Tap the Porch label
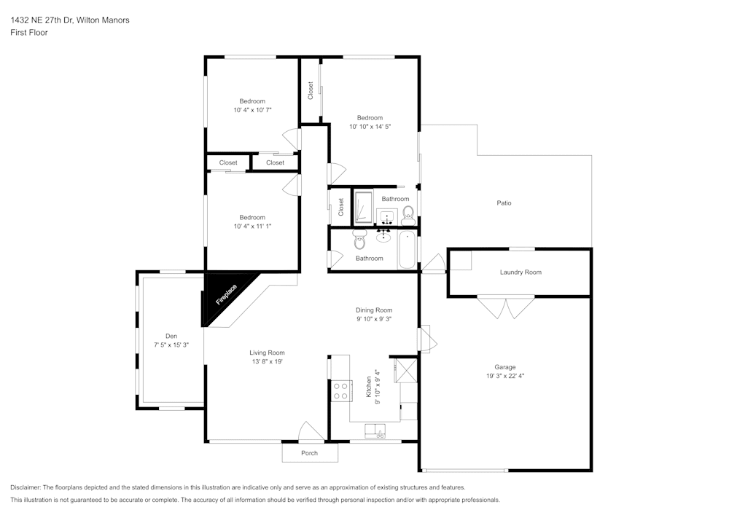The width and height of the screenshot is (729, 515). click(x=310, y=453)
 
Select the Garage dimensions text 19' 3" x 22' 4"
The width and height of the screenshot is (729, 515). click(x=504, y=377)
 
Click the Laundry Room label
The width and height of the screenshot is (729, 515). click(x=521, y=272)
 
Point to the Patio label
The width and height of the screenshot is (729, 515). click(x=504, y=203)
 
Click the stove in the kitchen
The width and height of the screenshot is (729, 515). click(x=340, y=391)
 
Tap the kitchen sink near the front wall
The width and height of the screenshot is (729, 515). click(x=377, y=431)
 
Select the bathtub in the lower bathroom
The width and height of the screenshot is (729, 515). click(x=407, y=249)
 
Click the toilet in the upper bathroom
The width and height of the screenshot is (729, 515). click(x=408, y=213)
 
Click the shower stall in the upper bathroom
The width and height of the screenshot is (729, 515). click(x=363, y=207)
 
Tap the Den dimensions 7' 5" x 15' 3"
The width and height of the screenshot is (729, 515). click(x=171, y=345)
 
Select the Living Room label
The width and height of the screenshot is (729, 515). click(x=267, y=353)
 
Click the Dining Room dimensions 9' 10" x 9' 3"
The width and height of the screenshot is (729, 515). click(x=374, y=319)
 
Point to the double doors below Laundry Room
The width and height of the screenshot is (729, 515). click(x=506, y=307)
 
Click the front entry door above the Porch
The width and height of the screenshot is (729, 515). click(x=311, y=432)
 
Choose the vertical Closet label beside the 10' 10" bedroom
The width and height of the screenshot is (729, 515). click(x=311, y=90)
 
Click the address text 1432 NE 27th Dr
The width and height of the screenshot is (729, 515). click(x=51, y=20)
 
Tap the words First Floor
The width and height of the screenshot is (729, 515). click(x=29, y=33)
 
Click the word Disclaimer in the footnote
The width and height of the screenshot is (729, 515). click(x=26, y=487)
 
